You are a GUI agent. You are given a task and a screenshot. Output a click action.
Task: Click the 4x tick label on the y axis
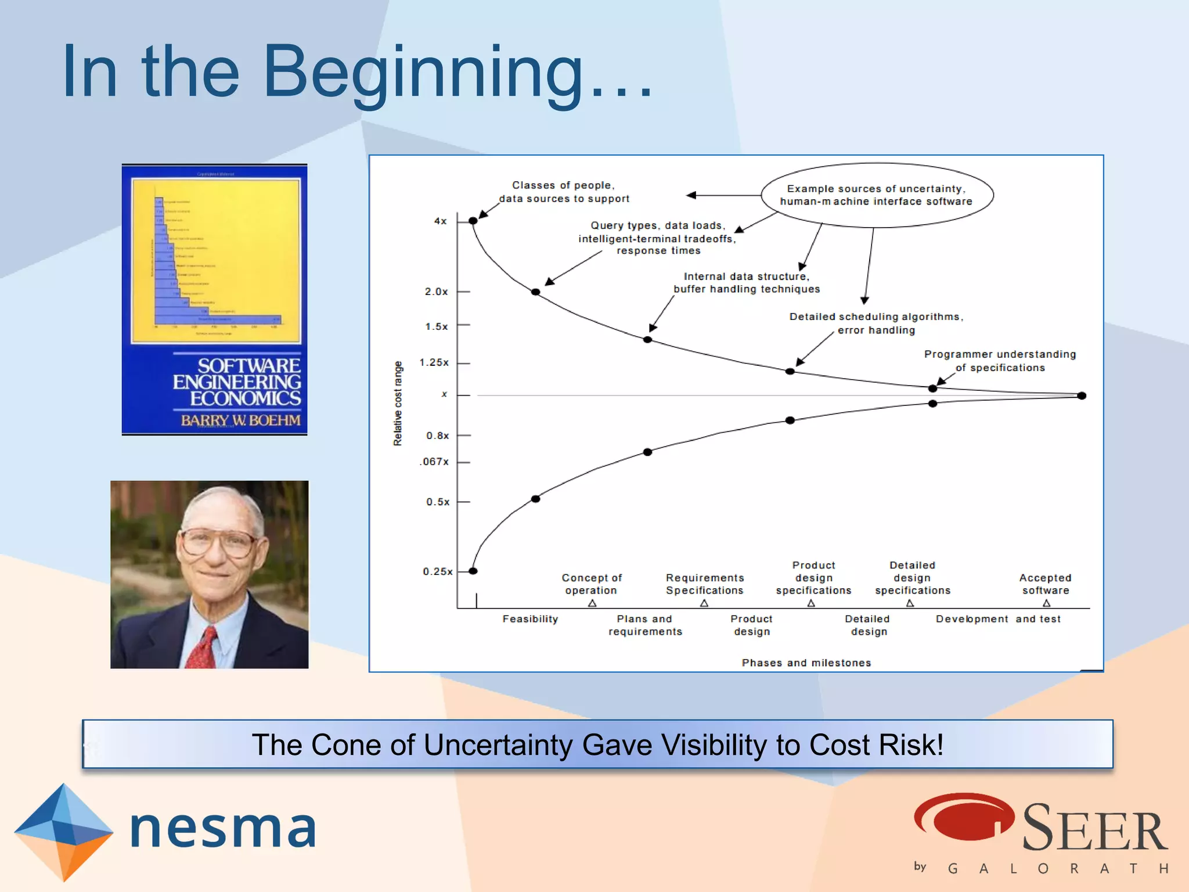point(440,221)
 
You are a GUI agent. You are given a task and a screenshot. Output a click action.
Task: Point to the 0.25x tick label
point(437,571)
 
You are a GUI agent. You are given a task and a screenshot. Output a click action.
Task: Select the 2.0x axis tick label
point(436,292)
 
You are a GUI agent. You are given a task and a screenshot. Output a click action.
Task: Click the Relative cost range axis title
point(398,404)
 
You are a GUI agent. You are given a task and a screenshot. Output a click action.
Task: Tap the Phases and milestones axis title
point(806,663)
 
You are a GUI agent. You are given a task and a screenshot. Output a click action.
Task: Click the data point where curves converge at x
point(1081,395)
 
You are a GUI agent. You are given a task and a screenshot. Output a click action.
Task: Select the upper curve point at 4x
point(473,221)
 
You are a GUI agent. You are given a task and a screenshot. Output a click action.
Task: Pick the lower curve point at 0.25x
point(473,571)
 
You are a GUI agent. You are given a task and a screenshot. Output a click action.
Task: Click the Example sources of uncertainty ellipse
point(876,195)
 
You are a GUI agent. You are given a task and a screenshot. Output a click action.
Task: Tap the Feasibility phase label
point(530,619)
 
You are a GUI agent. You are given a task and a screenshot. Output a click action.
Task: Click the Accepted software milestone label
point(1045,584)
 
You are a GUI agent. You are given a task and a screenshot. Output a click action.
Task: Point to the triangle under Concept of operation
point(592,603)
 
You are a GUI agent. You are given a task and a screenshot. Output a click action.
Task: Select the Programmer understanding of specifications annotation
point(999,361)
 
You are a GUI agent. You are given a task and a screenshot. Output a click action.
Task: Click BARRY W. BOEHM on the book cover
point(240,420)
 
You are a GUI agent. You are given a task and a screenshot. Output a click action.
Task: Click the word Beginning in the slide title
point(423,73)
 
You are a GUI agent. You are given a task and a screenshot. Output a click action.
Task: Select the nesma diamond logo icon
point(63,831)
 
